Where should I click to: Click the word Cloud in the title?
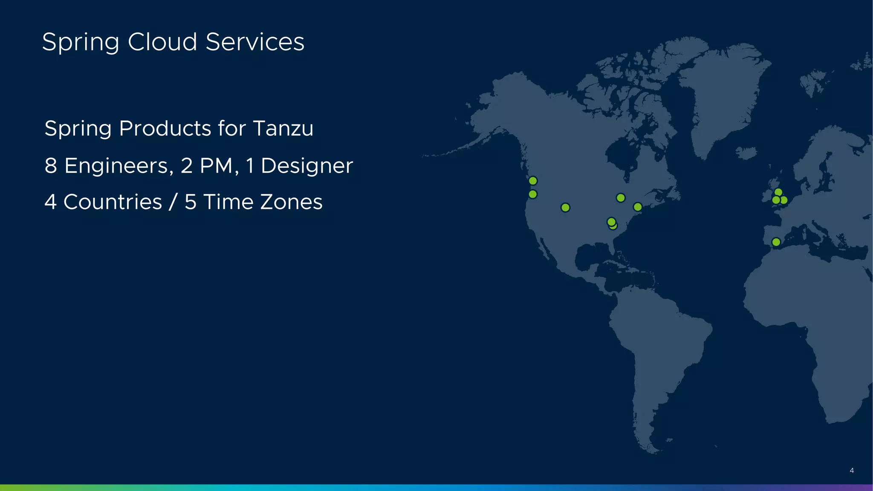point(162,42)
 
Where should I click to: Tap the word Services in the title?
point(255,42)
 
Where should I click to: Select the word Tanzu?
point(283,128)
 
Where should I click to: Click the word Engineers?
point(119,166)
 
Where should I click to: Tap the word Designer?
point(307,166)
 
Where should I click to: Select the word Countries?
point(113,202)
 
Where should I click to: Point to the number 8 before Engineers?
point(51,166)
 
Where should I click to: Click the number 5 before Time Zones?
point(191,202)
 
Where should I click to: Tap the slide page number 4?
point(851,471)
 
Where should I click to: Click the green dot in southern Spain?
point(776,242)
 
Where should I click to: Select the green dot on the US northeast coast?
point(638,207)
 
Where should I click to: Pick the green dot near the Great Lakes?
point(621,198)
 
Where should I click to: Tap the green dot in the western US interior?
point(565,208)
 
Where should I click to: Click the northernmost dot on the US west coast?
point(533,181)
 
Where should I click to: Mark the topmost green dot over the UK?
point(778,192)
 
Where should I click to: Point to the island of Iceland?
point(746,153)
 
